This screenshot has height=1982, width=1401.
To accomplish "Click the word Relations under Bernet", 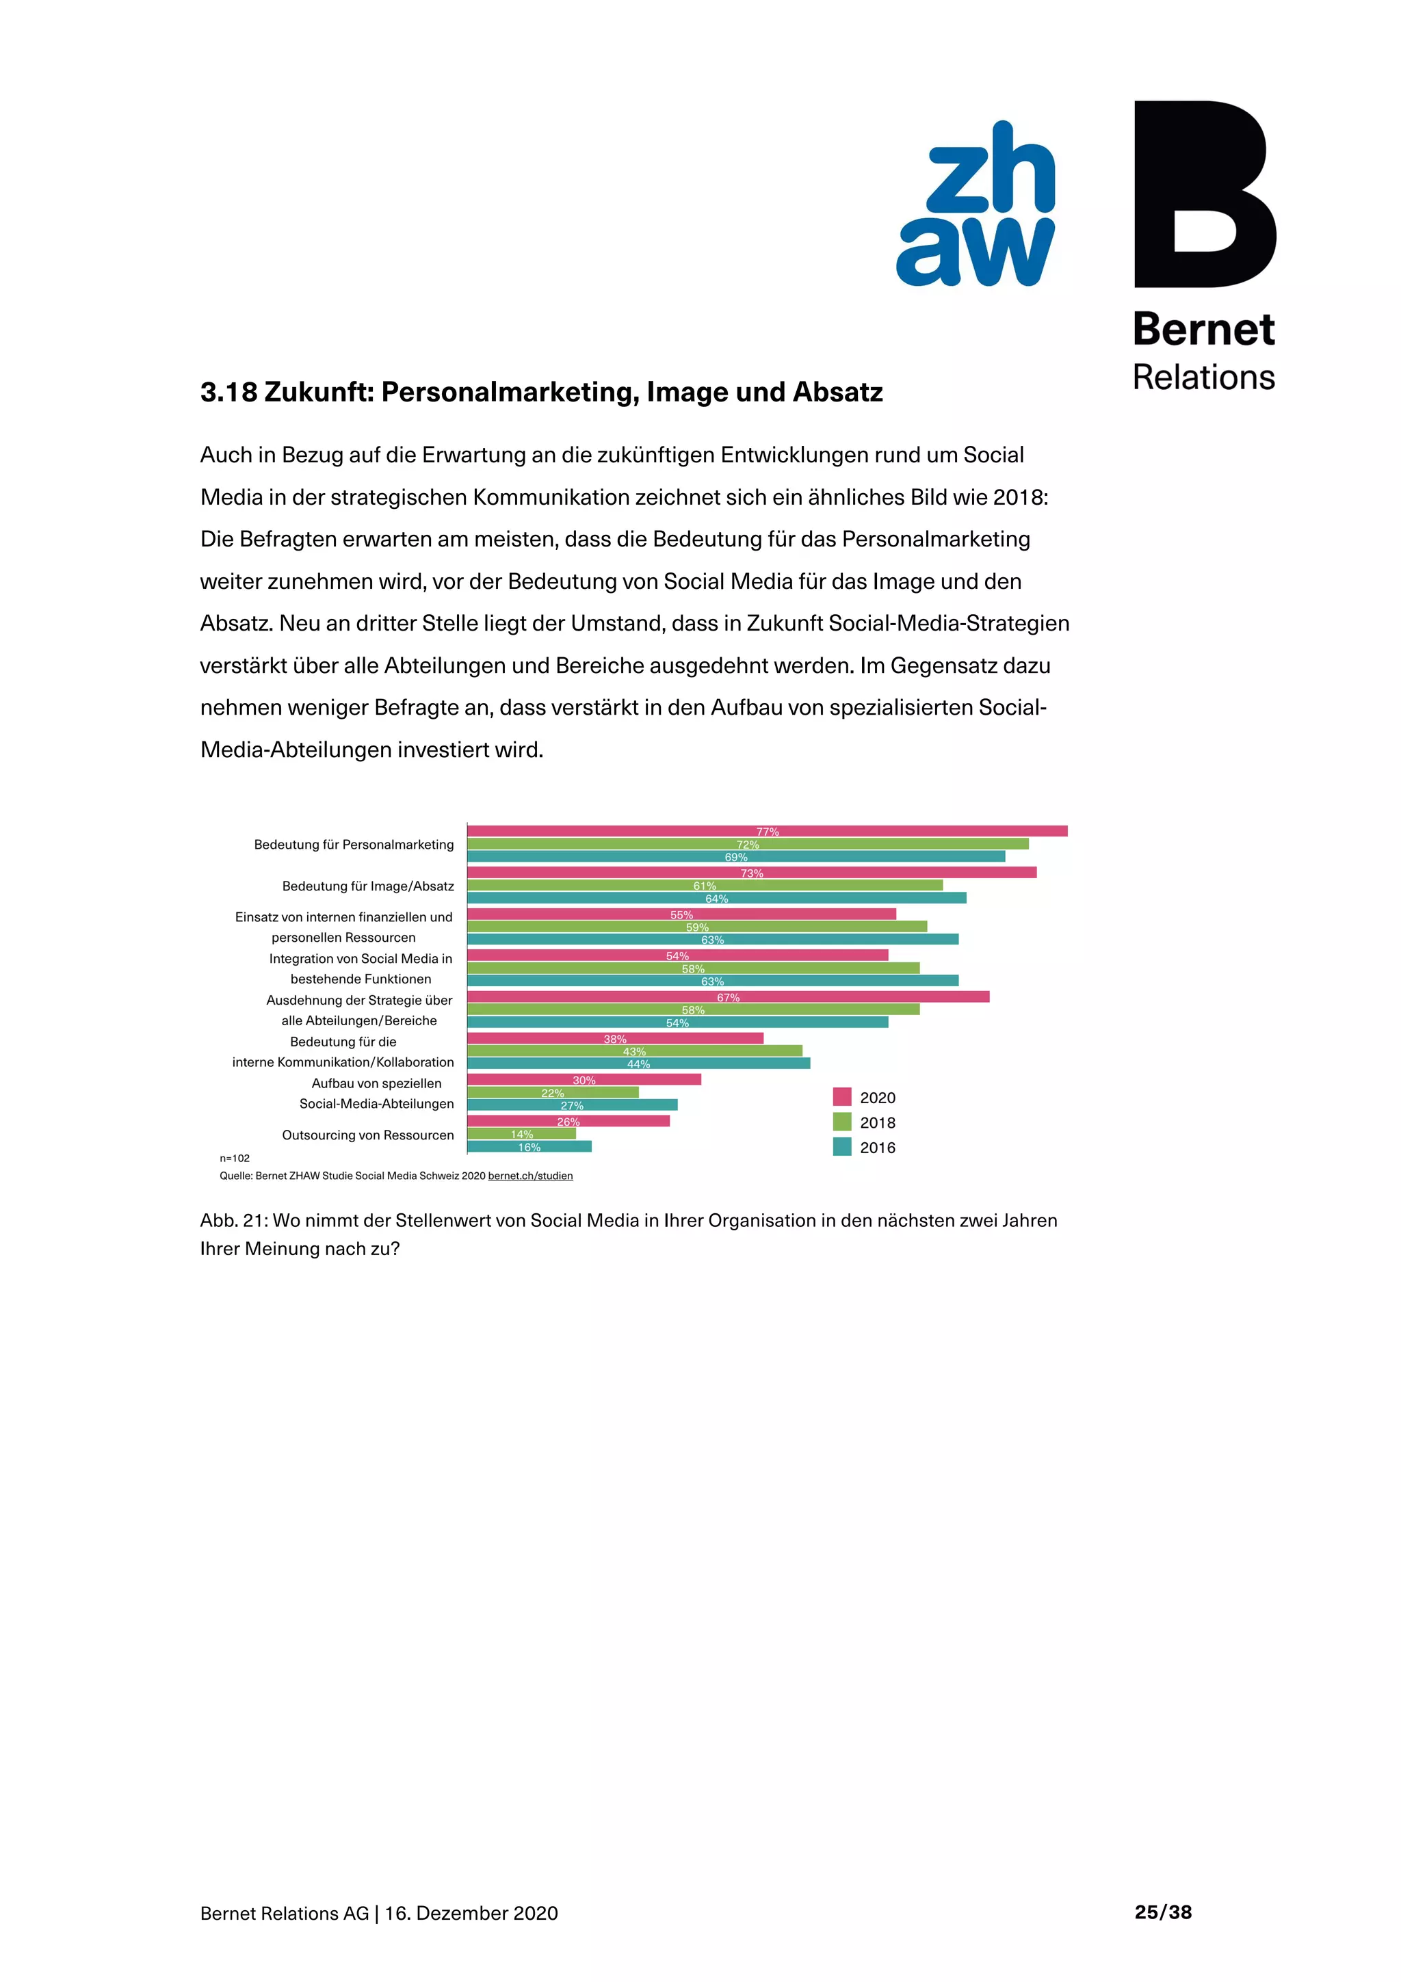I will pyautogui.click(x=1203, y=378).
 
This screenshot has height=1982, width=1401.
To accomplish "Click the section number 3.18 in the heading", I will pyautogui.click(x=228, y=393).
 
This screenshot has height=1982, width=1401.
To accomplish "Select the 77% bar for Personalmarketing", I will pyautogui.click(x=767, y=831).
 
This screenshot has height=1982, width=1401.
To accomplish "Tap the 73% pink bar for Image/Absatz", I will pyautogui.click(x=751, y=873).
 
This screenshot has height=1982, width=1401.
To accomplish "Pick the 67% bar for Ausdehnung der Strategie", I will pyautogui.click(x=728, y=997).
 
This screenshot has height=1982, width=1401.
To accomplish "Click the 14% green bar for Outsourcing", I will pyautogui.click(x=521, y=1133).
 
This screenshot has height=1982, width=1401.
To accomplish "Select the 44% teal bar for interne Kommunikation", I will pyautogui.click(x=638, y=1063).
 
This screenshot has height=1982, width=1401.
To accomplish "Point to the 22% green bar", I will pyautogui.click(x=553, y=1092).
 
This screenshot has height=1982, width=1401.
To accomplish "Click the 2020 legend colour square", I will pyautogui.click(x=841, y=1097).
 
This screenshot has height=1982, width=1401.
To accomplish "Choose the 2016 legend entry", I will pyautogui.click(x=877, y=1147).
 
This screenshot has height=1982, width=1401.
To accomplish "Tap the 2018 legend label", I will pyautogui.click(x=877, y=1122).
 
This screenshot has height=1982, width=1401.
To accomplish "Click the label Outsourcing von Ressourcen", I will pyautogui.click(x=368, y=1135).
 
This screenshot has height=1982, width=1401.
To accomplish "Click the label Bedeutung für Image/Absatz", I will pyautogui.click(x=368, y=886).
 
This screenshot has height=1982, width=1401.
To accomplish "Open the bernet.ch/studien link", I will pyautogui.click(x=530, y=1176).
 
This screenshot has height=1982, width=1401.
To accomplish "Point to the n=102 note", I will pyautogui.click(x=235, y=1159).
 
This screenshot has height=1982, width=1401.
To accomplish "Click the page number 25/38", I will pyautogui.click(x=1163, y=1912).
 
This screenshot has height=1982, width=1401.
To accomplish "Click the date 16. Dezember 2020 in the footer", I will pyautogui.click(x=471, y=1913).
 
